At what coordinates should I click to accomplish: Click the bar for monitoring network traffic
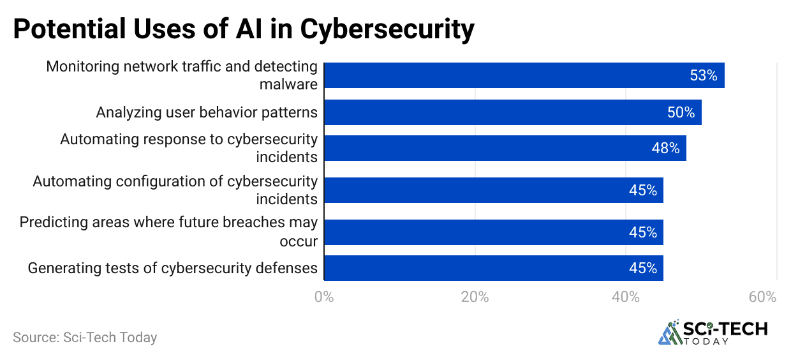pyautogui.click(x=523, y=75)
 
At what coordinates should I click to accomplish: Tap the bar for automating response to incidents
pyautogui.click(x=504, y=148)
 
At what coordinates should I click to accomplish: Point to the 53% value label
pyautogui.click(x=703, y=76)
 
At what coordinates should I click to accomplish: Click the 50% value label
pyautogui.click(x=681, y=113)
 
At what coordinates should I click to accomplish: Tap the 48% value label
pyautogui.click(x=665, y=149)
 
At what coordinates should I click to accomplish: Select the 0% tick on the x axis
pyautogui.click(x=324, y=297)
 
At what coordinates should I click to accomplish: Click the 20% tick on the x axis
pyautogui.click(x=475, y=297)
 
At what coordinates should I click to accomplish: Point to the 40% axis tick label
pyautogui.click(x=626, y=297)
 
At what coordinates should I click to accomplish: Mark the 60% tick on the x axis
pyautogui.click(x=763, y=297)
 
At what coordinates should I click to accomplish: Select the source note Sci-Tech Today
pyautogui.click(x=85, y=337)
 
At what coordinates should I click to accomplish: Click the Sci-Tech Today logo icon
pyautogui.click(x=669, y=332)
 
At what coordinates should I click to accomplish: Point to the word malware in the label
pyautogui.click(x=288, y=84)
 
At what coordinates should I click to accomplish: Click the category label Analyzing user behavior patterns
pyautogui.click(x=207, y=113)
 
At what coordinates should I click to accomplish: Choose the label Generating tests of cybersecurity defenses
pyautogui.click(x=173, y=268)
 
